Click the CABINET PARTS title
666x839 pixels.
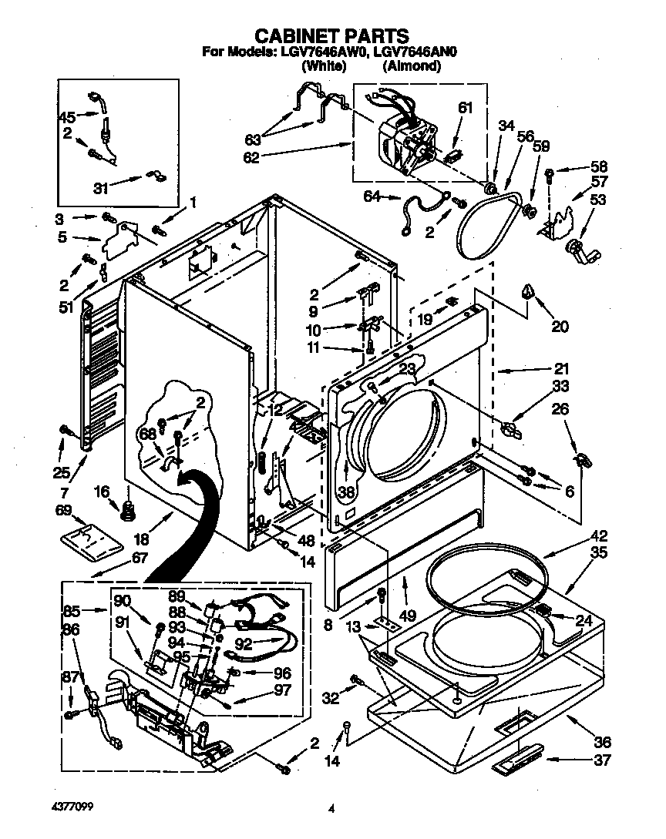pyautogui.click(x=331, y=35)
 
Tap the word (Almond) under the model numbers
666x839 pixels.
pyautogui.click(x=412, y=67)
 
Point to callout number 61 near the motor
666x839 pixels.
pyautogui.click(x=464, y=109)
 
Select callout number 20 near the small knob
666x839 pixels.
pyautogui.click(x=560, y=326)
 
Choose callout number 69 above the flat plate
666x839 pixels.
pyautogui.click(x=65, y=511)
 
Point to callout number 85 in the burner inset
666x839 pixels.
pyautogui.click(x=72, y=611)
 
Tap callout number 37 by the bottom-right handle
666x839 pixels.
pyautogui.click(x=602, y=762)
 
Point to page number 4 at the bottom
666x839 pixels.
pyautogui.click(x=331, y=809)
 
